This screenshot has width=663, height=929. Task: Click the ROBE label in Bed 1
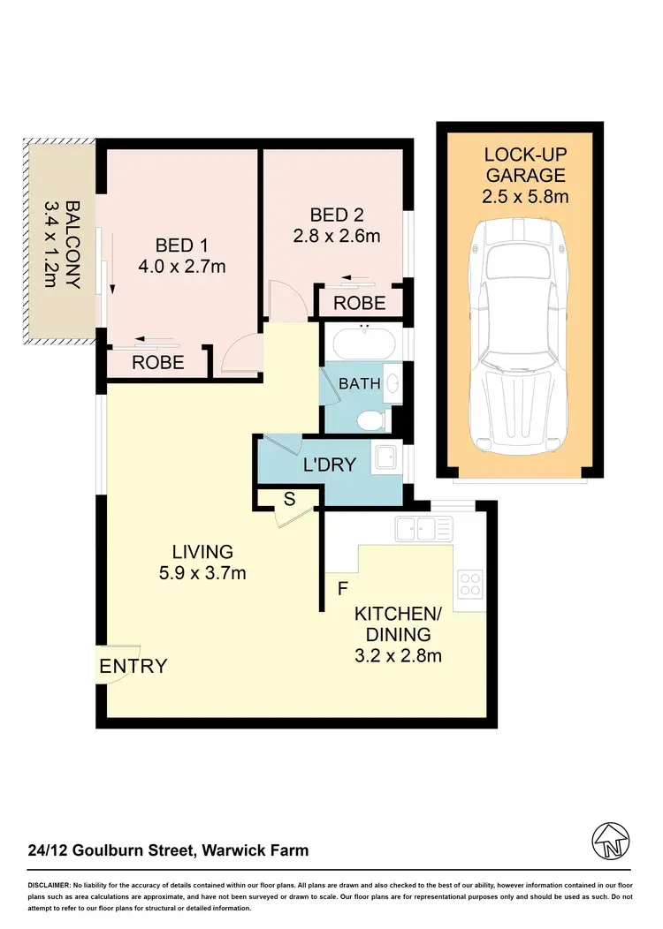(x=158, y=361)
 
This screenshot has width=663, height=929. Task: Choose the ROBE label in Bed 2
(x=359, y=303)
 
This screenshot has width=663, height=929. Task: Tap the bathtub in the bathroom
(x=364, y=341)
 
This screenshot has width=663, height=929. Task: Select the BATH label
(x=360, y=384)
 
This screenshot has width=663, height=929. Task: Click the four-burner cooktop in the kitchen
(x=469, y=584)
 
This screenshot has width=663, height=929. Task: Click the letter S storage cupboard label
(x=288, y=500)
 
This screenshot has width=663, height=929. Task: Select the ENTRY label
(x=133, y=666)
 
